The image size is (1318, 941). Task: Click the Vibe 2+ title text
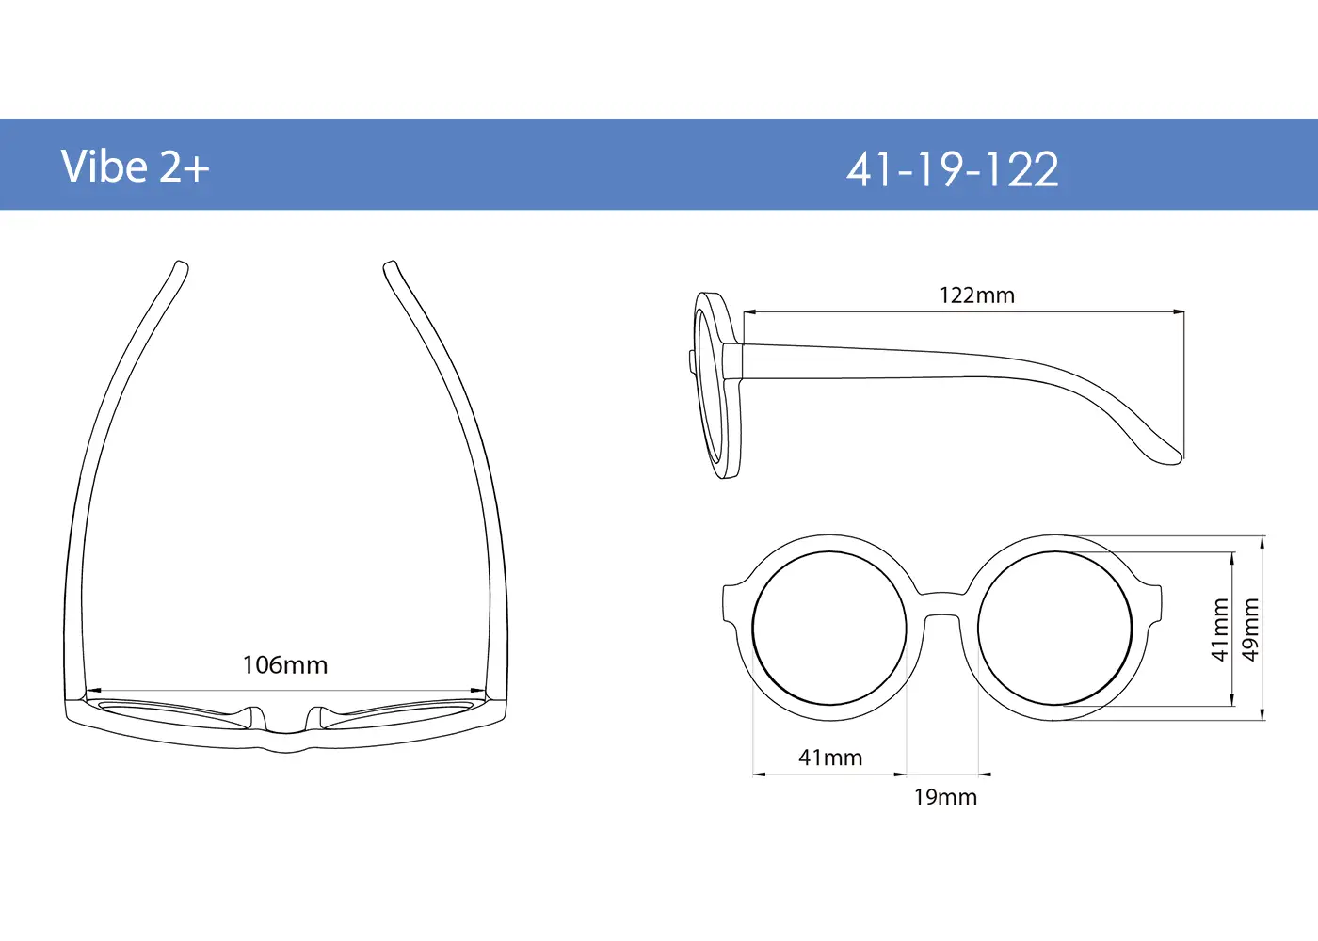pyautogui.click(x=135, y=167)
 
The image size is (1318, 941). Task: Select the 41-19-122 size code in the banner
pyautogui.click(x=953, y=169)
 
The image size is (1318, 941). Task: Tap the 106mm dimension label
pyautogui.click(x=285, y=665)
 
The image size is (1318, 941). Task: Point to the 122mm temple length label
pyautogui.click(x=977, y=295)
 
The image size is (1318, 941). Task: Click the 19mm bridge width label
pyautogui.click(x=945, y=797)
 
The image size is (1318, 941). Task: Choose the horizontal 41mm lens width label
pyautogui.click(x=830, y=758)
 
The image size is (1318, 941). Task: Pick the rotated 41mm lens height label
pyautogui.click(x=1220, y=630)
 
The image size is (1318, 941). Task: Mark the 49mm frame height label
pyautogui.click(x=1250, y=630)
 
